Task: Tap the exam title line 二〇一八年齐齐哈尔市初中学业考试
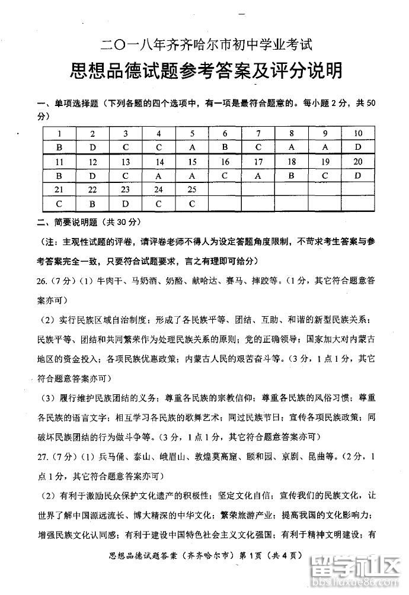point(206,43)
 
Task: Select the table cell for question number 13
point(126,161)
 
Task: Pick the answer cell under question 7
point(259,147)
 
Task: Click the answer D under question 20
point(357,175)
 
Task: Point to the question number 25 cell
point(192,189)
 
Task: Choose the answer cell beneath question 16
point(225,175)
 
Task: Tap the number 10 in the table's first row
point(357,133)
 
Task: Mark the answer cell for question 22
point(92,204)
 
